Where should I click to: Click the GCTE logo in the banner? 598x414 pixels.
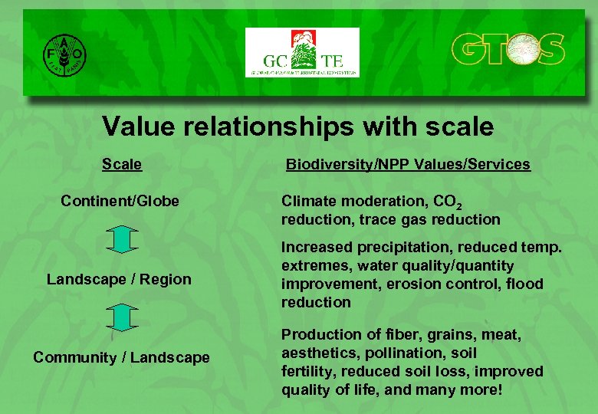click(x=301, y=52)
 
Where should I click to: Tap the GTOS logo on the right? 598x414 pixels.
click(x=508, y=51)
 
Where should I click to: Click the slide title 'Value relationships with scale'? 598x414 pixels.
click(x=297, y=127)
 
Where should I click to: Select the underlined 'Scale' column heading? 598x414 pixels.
click(x=122, y=164)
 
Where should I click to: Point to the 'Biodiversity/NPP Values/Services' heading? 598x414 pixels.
click(x=408, y=164)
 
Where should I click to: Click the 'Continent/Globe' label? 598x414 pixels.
click(x=120, y=201)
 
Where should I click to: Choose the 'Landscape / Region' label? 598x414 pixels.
click(x=119, y=279)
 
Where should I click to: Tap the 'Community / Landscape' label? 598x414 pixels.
click(x=121, y=357)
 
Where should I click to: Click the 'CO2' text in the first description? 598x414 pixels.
click(x=446, y=202)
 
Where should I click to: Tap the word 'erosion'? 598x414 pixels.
click(x=410, y=284)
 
